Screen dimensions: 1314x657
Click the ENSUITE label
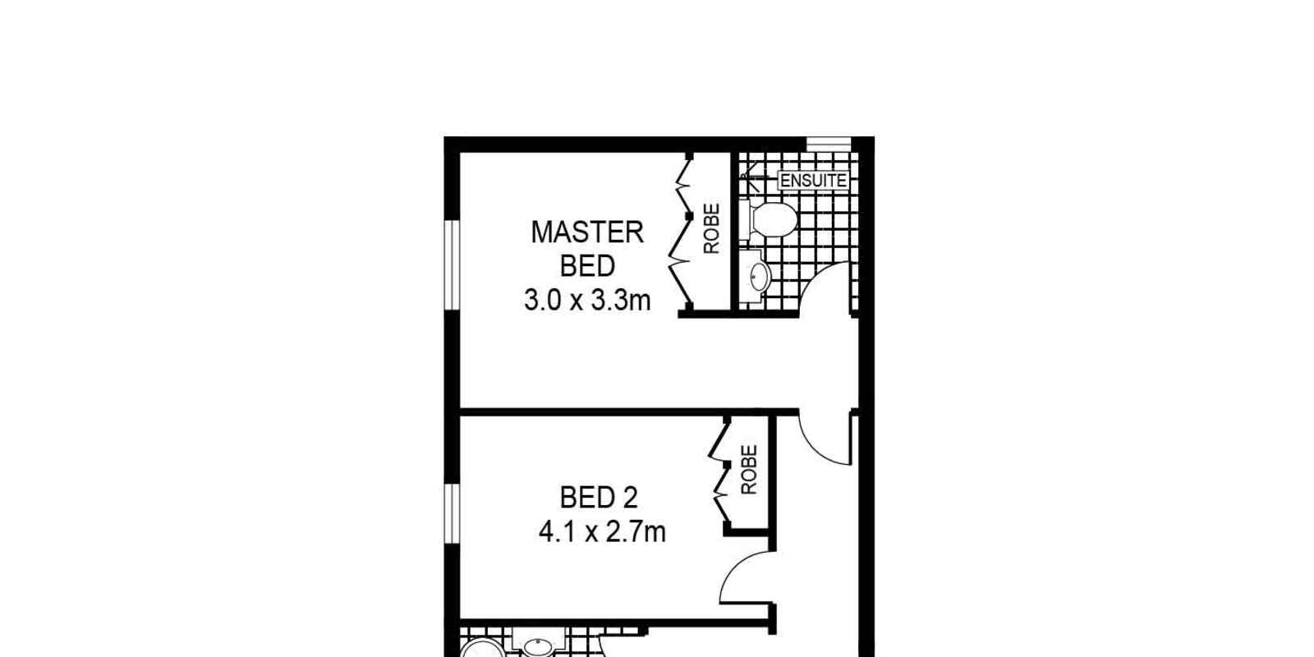point(814,181)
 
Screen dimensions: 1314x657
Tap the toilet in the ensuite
point(769,220)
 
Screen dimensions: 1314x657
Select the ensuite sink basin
point(759,277)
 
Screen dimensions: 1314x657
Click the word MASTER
point(587,232)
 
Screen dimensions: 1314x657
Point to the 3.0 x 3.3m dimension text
point(587,301)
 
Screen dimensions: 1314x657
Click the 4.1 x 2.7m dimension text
point(602,532)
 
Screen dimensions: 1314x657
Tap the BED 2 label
point(599,498)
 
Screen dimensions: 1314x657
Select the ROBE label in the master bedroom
point(711,228)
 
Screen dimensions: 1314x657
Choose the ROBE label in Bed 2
point(749,469)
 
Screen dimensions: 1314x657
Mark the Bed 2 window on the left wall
point(452,512)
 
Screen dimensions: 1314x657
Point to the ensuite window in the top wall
point(829,144)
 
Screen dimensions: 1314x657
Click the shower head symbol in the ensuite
point(751,179)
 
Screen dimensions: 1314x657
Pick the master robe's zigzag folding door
point(682,232)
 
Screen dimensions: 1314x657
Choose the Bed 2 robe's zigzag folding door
point(719,469)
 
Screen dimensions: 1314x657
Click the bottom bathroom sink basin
point(538,648)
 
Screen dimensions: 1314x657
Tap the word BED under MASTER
point(587,266)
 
